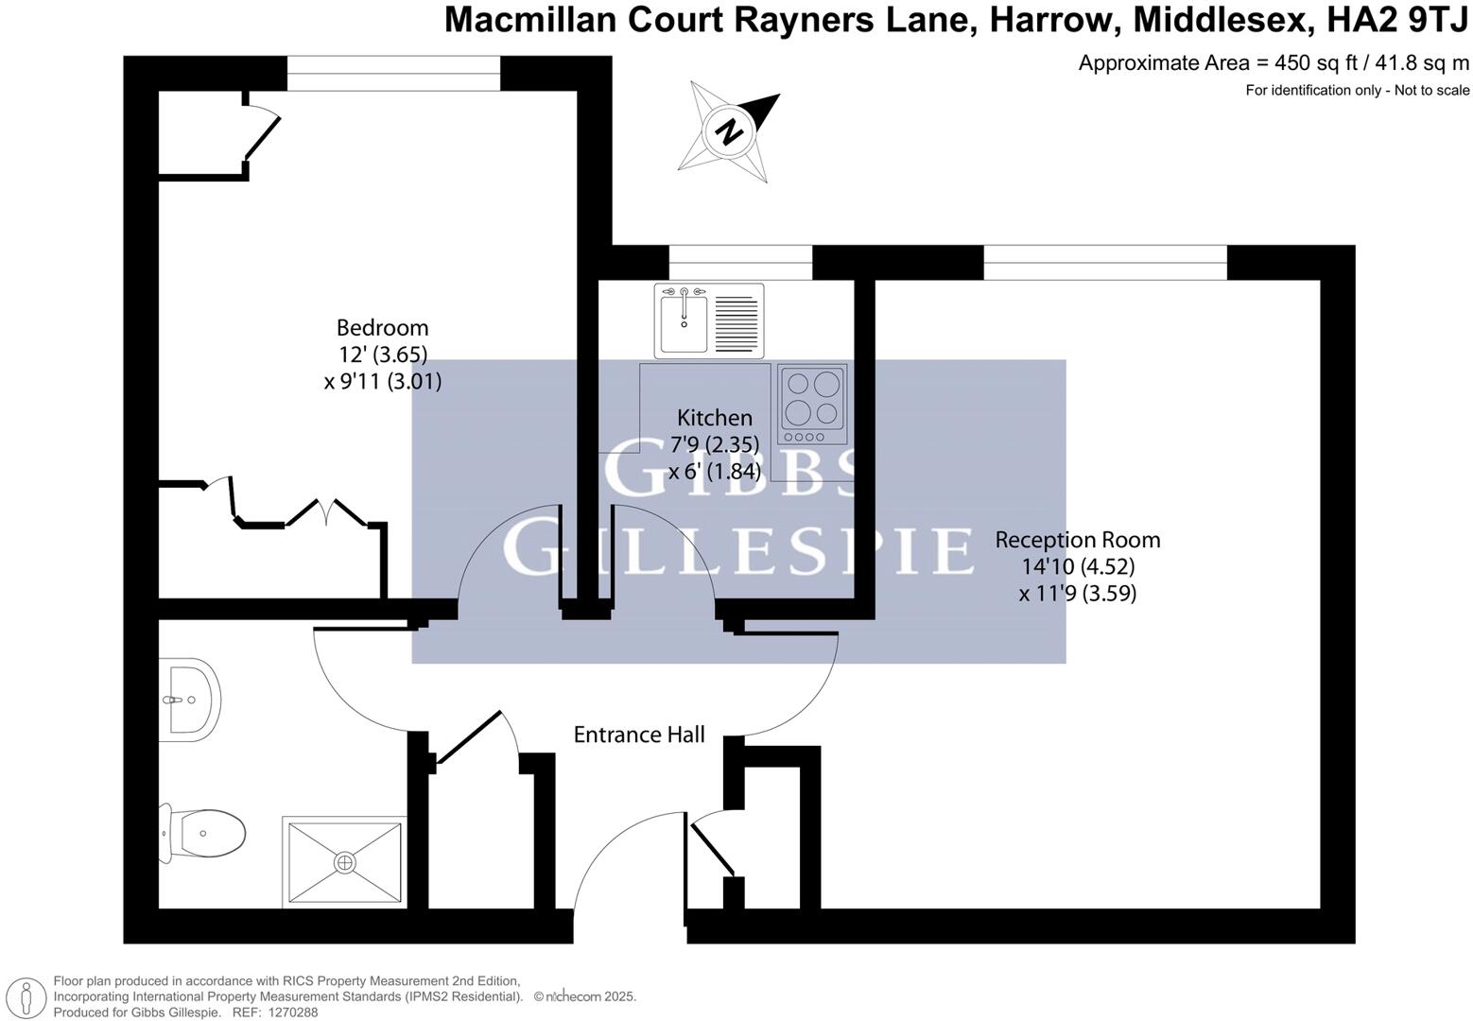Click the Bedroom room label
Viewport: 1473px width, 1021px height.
point(382,328)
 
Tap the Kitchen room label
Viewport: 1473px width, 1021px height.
point(715,418)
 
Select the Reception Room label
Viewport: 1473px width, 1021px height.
point(1077,540)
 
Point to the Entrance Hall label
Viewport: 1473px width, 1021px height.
point(639,735)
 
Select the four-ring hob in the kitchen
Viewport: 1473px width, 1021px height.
point(812,404)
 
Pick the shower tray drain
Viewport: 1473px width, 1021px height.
point(345,863)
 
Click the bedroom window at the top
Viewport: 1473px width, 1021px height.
point(393,74)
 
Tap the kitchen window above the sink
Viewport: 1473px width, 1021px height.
point(740,263)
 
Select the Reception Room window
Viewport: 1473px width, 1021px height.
point(1105,263)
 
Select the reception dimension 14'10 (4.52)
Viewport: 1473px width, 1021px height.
point(1078,566)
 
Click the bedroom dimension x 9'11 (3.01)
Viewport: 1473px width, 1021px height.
point(382,382)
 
